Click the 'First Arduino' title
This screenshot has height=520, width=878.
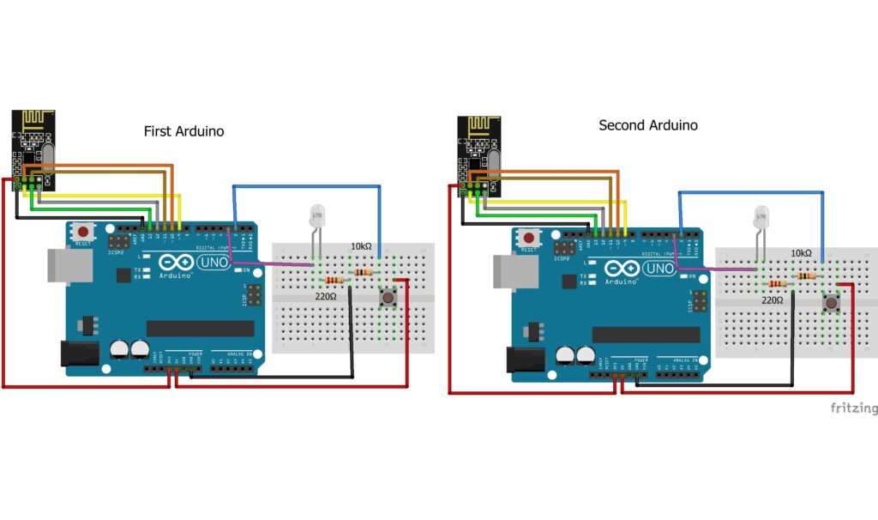(x=183, y=131)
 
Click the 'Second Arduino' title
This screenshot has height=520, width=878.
(x=647, y=125)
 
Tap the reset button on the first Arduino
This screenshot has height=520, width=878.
(x=83, y=232)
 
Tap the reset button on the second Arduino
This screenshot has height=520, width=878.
(x=530, y=238)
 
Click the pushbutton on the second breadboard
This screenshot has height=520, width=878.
(x=831, y=304)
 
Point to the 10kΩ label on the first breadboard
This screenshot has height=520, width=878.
(x=361, y=247)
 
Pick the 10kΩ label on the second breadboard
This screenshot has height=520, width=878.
(x=801, y=253)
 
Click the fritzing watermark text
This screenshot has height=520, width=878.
(x=853, y=408)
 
